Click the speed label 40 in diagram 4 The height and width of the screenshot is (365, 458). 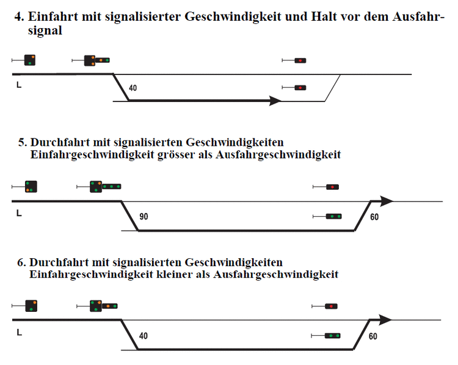click(133, 88)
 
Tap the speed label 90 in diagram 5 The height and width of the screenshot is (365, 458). click(144, 216)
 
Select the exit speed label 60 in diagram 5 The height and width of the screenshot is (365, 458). click(374, 217)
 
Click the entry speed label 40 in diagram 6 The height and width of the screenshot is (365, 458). click(143, 336)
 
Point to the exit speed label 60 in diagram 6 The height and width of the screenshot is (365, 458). click(373, 336)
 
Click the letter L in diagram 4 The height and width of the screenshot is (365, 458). click(19, 85)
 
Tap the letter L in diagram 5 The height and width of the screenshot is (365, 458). click(19, 213)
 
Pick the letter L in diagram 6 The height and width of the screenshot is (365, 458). click(20, 332)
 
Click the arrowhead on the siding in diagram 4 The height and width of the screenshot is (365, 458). click(275, 101)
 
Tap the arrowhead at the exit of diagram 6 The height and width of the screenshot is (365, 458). click(385, 320)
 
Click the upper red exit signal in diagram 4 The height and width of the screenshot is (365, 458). click(300, 60)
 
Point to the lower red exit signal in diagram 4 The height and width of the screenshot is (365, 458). click(300, 88)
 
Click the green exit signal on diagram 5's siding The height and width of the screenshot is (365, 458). click(334, 216)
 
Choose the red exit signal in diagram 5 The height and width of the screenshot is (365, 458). click(332, 187)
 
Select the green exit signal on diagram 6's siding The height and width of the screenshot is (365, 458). click(333, 336)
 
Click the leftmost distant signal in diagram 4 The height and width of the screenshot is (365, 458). click(30, 60)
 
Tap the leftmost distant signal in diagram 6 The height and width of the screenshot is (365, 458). click(31, 306)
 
